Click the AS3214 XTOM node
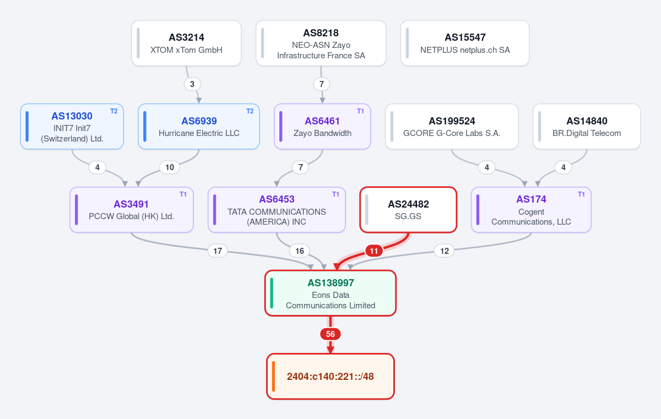[x=186, y=43]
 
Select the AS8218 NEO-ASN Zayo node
[x=321, y=43]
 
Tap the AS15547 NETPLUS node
[x=465, y=43]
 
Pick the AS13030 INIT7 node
[x=72, y=127]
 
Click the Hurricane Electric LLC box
[x=199, y=127]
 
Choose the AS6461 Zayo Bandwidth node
[x=322, y=127]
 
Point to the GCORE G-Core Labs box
[x=452, y=127]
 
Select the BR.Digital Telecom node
[x=587, y=127]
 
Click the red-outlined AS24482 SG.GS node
[x=408, y=210]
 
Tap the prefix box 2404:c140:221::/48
[x=330, y=376]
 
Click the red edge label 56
[x=330, y=334]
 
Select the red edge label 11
[x=374, y=251]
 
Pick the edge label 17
[x=218, y=251]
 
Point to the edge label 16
[x=300, y=251]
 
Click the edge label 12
[x=445, y=251]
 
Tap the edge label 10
[x=170, y=167]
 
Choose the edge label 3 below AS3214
[x=192, y=84]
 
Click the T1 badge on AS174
[x=581, y=194]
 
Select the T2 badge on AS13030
[x=114, y=111]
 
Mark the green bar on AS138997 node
[x=272, y=293]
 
